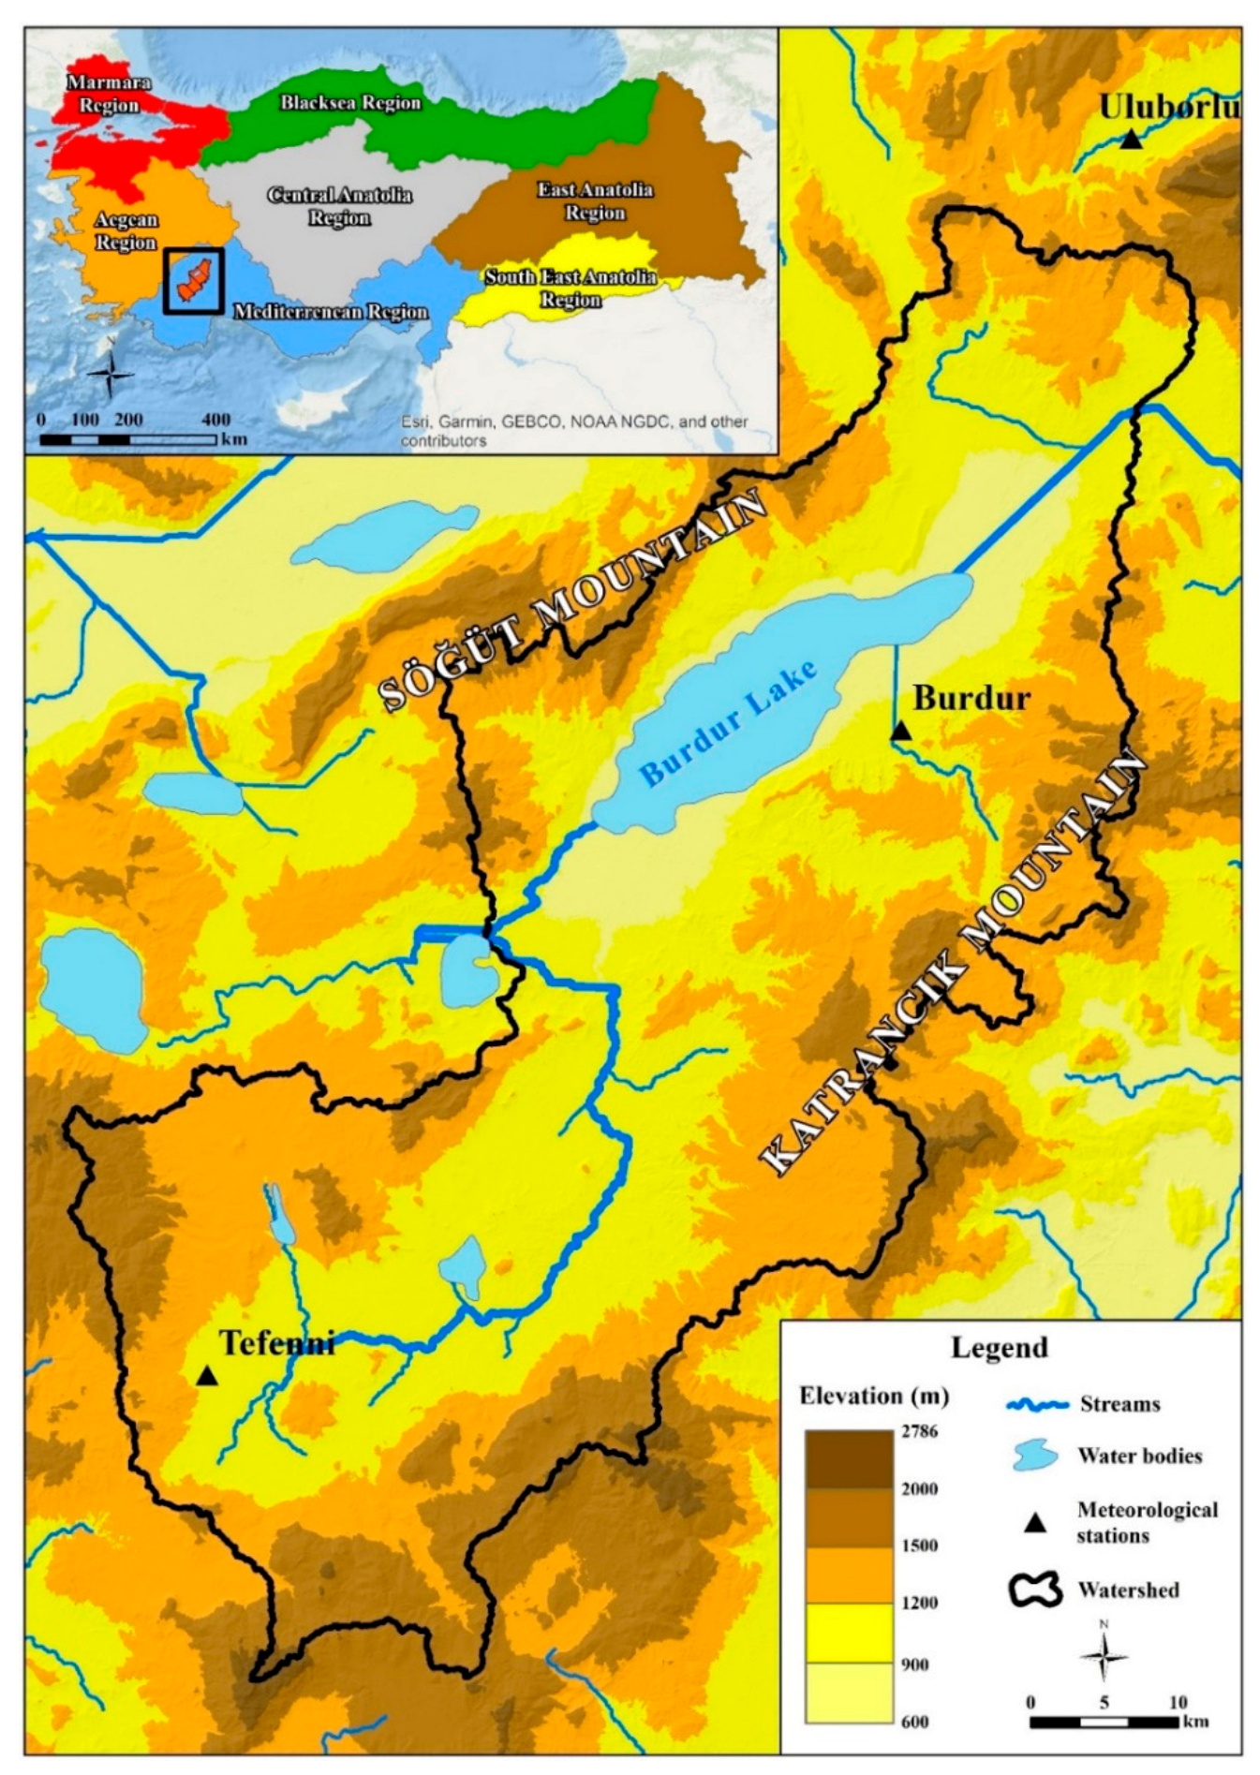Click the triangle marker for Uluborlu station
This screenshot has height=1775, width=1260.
click(1131, 140)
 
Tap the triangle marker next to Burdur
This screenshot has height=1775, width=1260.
click(900, 731)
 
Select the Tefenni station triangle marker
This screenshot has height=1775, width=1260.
click(207, 1376)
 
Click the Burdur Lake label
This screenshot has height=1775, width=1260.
click(728, 721)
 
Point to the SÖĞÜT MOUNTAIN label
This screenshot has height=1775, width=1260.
click(573, 599)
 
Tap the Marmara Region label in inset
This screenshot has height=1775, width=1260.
click(109, 94)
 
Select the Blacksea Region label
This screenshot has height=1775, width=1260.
click(350, 103)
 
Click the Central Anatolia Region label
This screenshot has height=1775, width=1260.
click(339, 206)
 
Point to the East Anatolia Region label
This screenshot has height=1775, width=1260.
click(595, 200)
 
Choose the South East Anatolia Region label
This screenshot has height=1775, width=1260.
click(570, 288)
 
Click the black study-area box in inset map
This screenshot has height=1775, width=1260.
click(194, 280)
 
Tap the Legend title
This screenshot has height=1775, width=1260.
click(999, 1348)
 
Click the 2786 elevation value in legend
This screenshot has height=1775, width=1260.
click(919, 1431)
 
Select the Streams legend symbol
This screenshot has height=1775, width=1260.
click(1036, 1405)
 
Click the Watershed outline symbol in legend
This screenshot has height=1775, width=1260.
click(1034, 1590)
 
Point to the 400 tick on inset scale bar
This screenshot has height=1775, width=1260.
click(215, 420)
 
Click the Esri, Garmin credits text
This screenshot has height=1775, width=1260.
click(573, 431)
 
